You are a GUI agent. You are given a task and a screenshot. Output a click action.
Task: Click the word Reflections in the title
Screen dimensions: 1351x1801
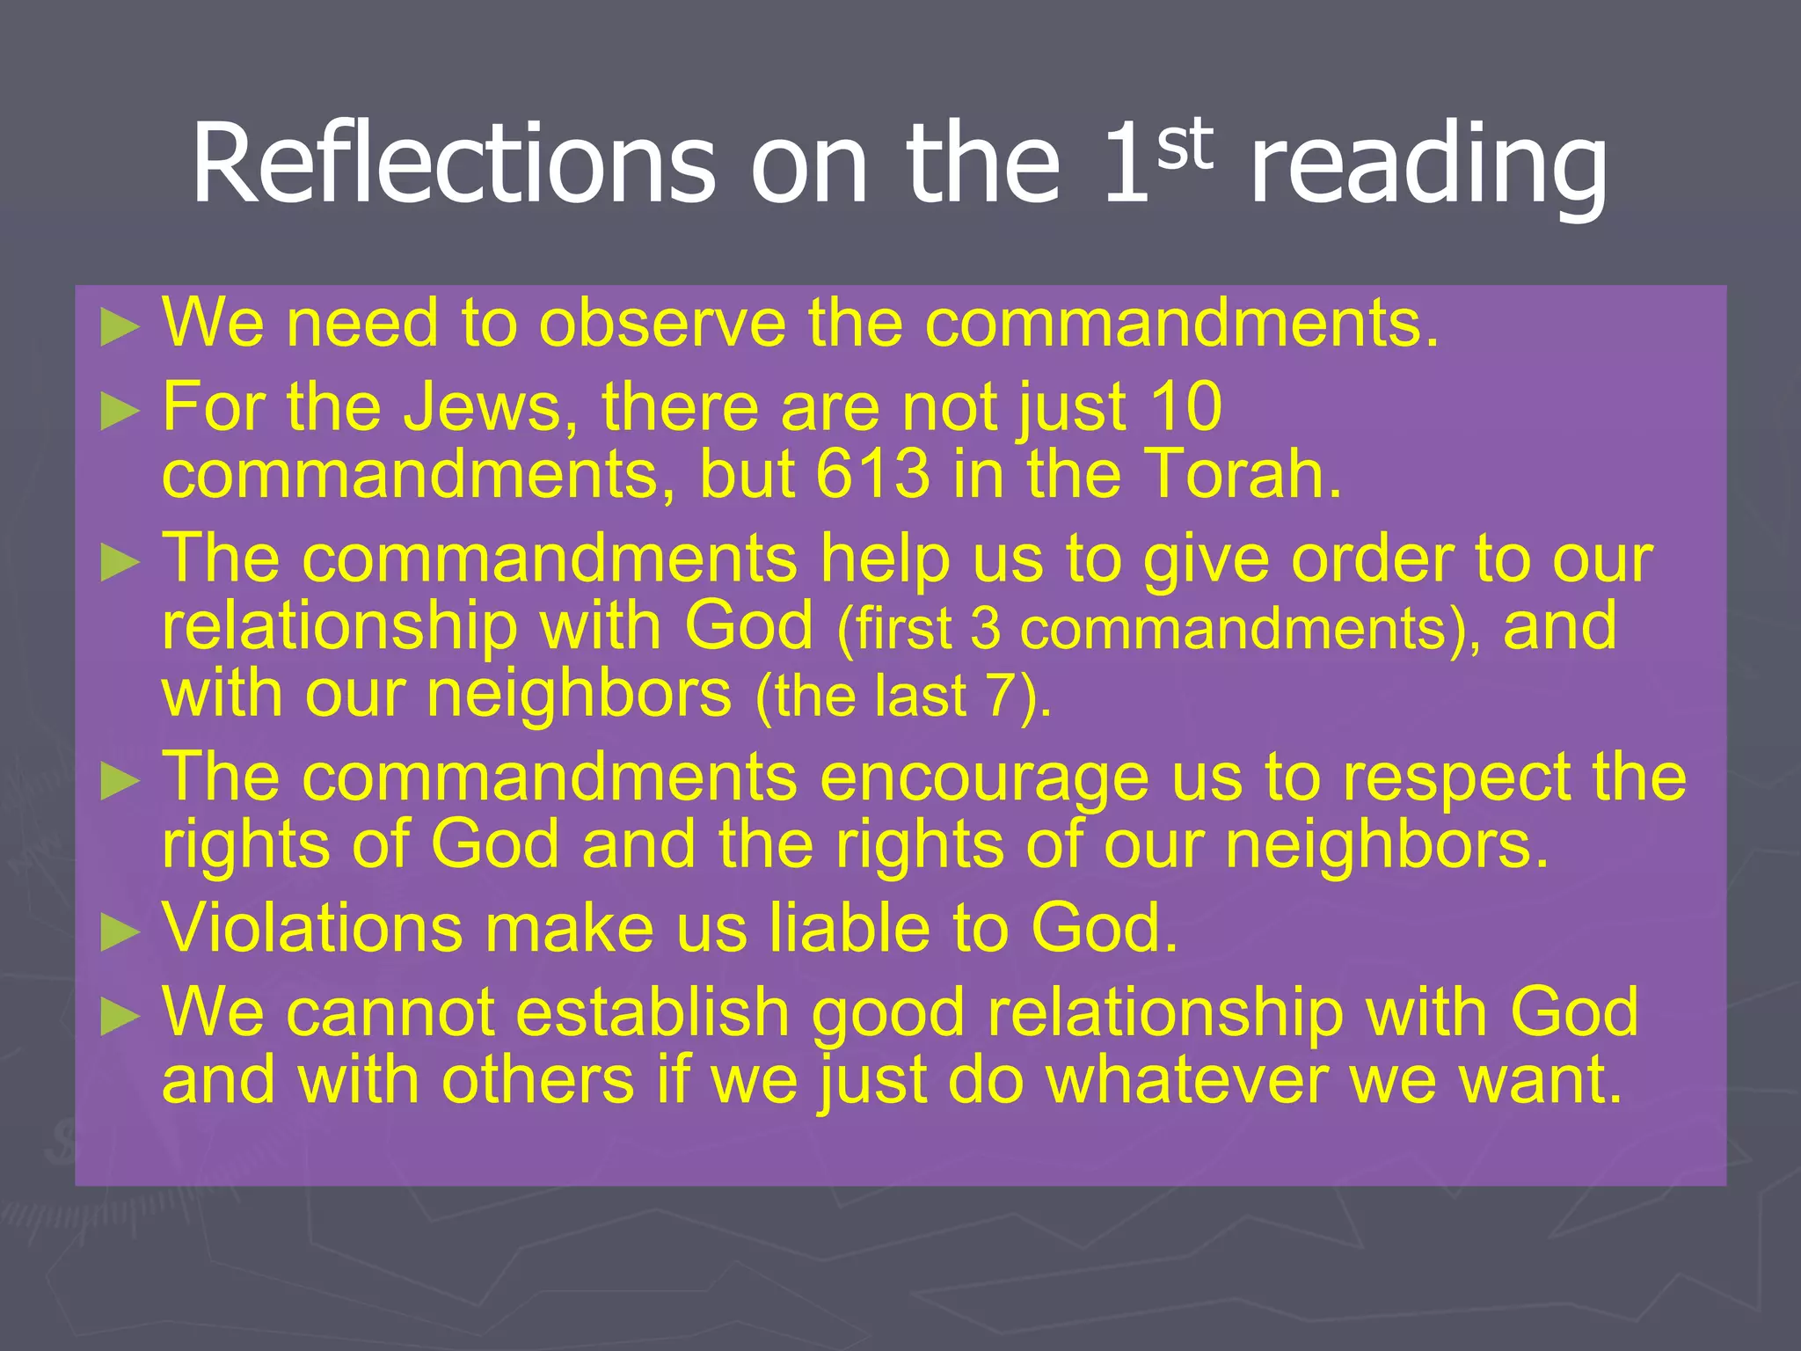[x=453, y=164]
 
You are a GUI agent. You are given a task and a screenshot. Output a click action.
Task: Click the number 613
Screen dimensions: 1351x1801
[x=871, y=475]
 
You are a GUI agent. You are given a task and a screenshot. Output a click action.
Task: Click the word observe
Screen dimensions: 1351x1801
[x=662, y=324]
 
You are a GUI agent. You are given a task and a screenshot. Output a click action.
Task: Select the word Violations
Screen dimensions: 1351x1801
[x=313, y=929]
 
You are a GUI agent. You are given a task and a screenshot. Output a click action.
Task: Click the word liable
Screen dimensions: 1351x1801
[x=849, y=929]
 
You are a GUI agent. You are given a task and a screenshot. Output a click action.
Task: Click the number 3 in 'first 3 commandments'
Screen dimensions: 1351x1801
[x=986, y=630]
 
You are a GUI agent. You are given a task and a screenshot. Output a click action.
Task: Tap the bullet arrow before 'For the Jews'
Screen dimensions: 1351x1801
[x=120, y=411]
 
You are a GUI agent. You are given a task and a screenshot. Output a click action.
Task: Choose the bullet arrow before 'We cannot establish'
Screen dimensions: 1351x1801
[x=120, y=1017]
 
